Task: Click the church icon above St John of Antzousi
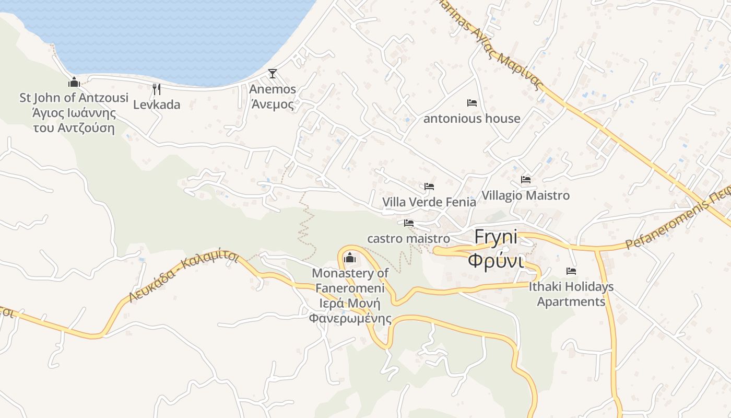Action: click(x=74, y=82)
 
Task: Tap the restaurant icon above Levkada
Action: click(x=156, y=89)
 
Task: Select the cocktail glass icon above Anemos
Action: click(x=272, y=74)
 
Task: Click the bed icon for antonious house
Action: click(x=472, y=103)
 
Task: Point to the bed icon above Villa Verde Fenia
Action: click(x=429, y=186)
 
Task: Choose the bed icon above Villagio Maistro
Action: click(x=526, y=180)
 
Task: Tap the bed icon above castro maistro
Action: click(x=409, y=223)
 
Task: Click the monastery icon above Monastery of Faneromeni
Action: click(x=350, y=258)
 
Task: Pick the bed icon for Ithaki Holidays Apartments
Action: click(x=571, y=271)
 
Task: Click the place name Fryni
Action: click(x=496, y=238)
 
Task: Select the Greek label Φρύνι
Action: click(x=496, y=260)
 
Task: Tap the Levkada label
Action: click(x=157, y=104)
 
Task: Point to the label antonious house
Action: click(x=471, y=119)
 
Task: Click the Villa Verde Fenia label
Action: click(x=429, y=202)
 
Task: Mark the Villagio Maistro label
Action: click(x=525, y=195)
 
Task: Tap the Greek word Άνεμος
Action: click(x=273, y=104)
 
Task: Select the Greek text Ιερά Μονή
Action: click(x=350, y=304)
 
